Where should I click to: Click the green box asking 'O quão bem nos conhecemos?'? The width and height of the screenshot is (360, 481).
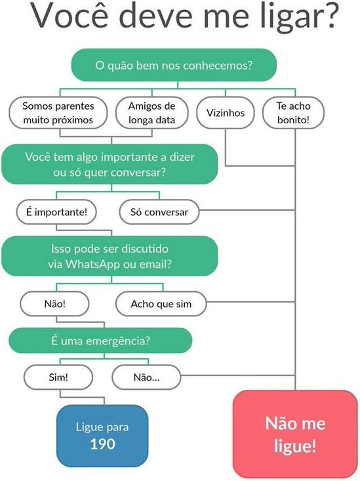pos(174,65)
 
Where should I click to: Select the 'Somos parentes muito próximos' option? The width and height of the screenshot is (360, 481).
pos(58,113)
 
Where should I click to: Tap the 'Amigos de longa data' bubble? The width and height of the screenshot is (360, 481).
pos(151,113)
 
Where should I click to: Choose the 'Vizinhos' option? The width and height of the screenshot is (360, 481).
pos(226,113)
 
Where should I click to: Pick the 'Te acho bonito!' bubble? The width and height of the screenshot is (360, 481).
pos(294,113)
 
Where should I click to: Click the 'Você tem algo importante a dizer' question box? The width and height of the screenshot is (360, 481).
pos(110,164)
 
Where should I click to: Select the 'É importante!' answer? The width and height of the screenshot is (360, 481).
pos(56,212)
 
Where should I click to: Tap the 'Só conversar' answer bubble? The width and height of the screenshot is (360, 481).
pos(159,212)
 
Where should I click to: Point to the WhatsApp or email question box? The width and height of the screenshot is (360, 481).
pos(110,256)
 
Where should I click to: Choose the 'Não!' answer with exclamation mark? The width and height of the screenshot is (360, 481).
pos(55,304)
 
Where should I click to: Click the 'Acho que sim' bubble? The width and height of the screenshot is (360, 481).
pos(161,304)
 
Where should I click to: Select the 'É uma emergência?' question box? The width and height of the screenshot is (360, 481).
pos(100,341)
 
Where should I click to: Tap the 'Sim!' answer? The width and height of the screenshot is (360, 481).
pos(58,377)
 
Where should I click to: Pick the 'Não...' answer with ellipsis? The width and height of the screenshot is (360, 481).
pos(147,377)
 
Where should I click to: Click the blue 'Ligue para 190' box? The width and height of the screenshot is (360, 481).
pos(102,436)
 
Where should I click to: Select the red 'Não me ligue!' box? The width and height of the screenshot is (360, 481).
pos(295,434)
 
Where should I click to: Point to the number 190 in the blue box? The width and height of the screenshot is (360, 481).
pos(102,444)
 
